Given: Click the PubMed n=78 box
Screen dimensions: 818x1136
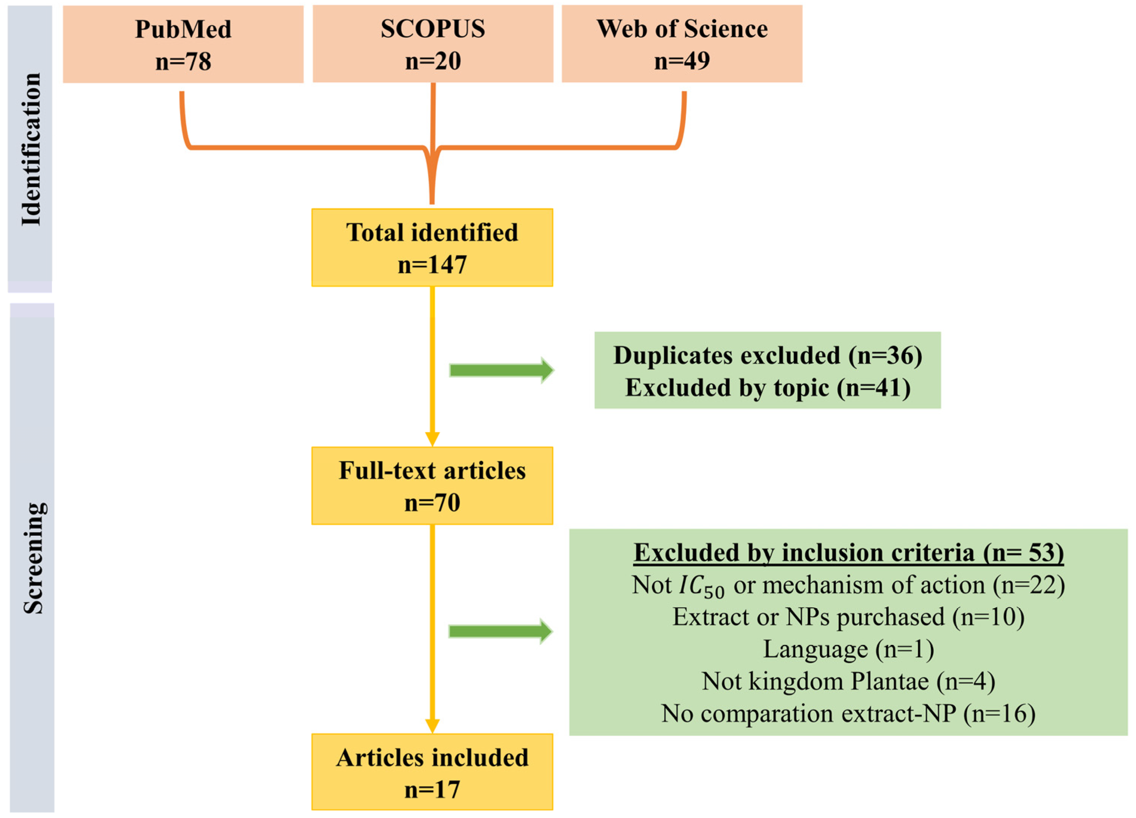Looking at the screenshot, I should point(183,44).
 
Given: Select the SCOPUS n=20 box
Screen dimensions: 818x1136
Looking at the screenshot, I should point(433,44).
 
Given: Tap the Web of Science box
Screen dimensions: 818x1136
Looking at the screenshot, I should point(682,44).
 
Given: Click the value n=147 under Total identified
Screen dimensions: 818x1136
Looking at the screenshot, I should point(432,265).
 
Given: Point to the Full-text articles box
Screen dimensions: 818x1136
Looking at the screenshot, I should point(432,486).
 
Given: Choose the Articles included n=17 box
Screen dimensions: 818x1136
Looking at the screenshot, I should point(432,772).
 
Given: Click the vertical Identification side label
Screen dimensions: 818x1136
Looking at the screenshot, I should point(31,149).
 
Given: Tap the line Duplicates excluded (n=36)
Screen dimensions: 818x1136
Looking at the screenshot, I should point(767,355).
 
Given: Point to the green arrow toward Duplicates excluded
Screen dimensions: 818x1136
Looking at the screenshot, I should point(501,370).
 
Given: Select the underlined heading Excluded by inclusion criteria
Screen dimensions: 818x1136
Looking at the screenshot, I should point(848,553).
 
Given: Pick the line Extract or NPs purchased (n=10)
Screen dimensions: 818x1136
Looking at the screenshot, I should point(848,617).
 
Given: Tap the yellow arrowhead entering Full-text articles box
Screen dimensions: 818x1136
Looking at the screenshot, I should point(432,439).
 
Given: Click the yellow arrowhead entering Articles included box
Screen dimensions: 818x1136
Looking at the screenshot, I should point(432,726).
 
